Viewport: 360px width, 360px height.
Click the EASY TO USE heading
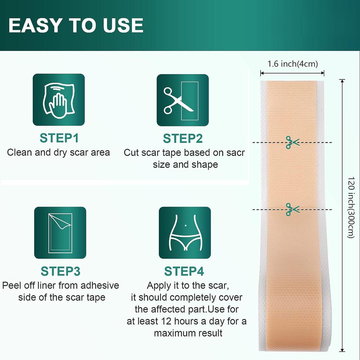76,25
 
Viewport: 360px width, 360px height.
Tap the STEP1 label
59,138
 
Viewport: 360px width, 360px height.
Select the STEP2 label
183,138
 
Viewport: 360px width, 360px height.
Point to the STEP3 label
60,271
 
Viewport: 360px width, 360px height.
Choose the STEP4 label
184,271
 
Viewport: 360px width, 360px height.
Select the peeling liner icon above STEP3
60,233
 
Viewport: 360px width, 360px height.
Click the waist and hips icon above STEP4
185,233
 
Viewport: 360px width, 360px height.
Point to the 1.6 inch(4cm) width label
292,64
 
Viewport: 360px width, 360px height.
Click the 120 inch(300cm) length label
351,207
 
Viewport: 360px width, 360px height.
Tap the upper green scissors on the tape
292,142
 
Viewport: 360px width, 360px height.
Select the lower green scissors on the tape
292,210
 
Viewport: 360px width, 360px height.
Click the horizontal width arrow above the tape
292,73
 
